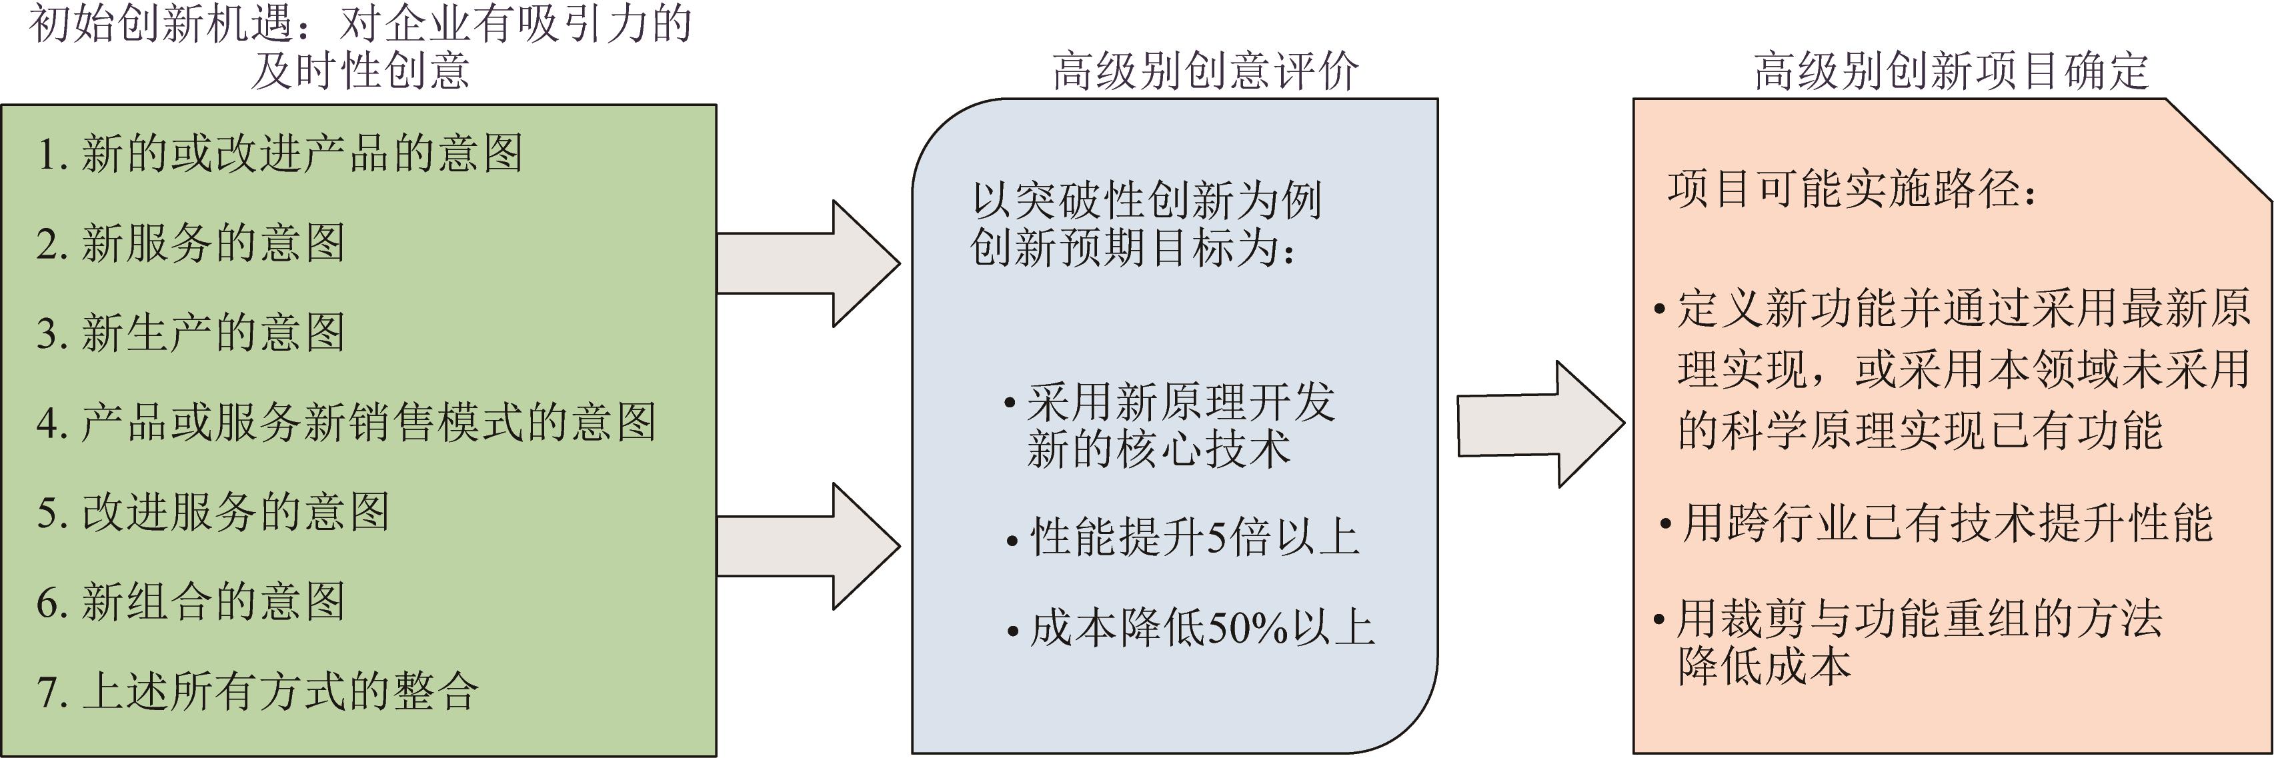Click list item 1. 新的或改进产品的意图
point(280,153)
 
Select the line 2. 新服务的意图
point(191,243)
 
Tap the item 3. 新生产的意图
point(191,333)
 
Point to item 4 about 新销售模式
point(346,423)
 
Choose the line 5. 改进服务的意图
point(213,513)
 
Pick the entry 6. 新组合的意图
point(191,603)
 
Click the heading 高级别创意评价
point(1205,71)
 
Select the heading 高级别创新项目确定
point(1951,71)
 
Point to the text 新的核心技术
point(1158,448)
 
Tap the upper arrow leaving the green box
point(808,263)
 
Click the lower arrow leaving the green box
point(808,546)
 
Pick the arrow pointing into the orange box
point(1540,425)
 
